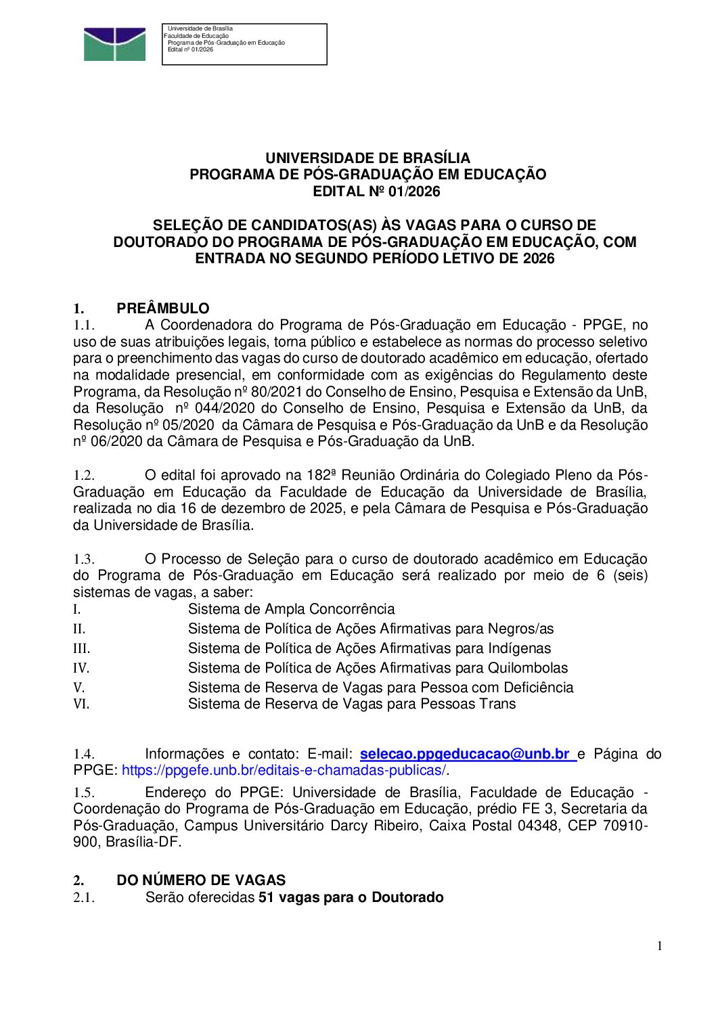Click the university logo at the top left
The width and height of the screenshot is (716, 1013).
(114, 45)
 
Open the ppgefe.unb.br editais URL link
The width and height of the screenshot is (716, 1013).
(284, 770)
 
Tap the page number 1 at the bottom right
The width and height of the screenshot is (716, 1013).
(660, 946)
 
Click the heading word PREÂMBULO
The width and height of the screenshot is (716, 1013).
(162, 309)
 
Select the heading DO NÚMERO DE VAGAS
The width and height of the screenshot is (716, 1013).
(201, 880)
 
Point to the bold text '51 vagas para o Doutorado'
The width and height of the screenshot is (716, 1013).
(351, 897)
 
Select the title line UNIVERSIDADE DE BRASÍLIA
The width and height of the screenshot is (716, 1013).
(367, 158)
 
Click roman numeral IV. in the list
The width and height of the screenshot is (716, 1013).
(81, 669)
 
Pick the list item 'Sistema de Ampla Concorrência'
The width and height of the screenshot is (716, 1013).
(291, 609)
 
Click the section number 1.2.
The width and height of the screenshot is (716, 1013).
(84, 476)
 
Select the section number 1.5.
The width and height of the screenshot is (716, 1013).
(84, 792)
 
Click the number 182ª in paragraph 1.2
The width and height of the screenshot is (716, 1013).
(323, 475)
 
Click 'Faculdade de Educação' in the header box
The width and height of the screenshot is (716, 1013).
(196, 36)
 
